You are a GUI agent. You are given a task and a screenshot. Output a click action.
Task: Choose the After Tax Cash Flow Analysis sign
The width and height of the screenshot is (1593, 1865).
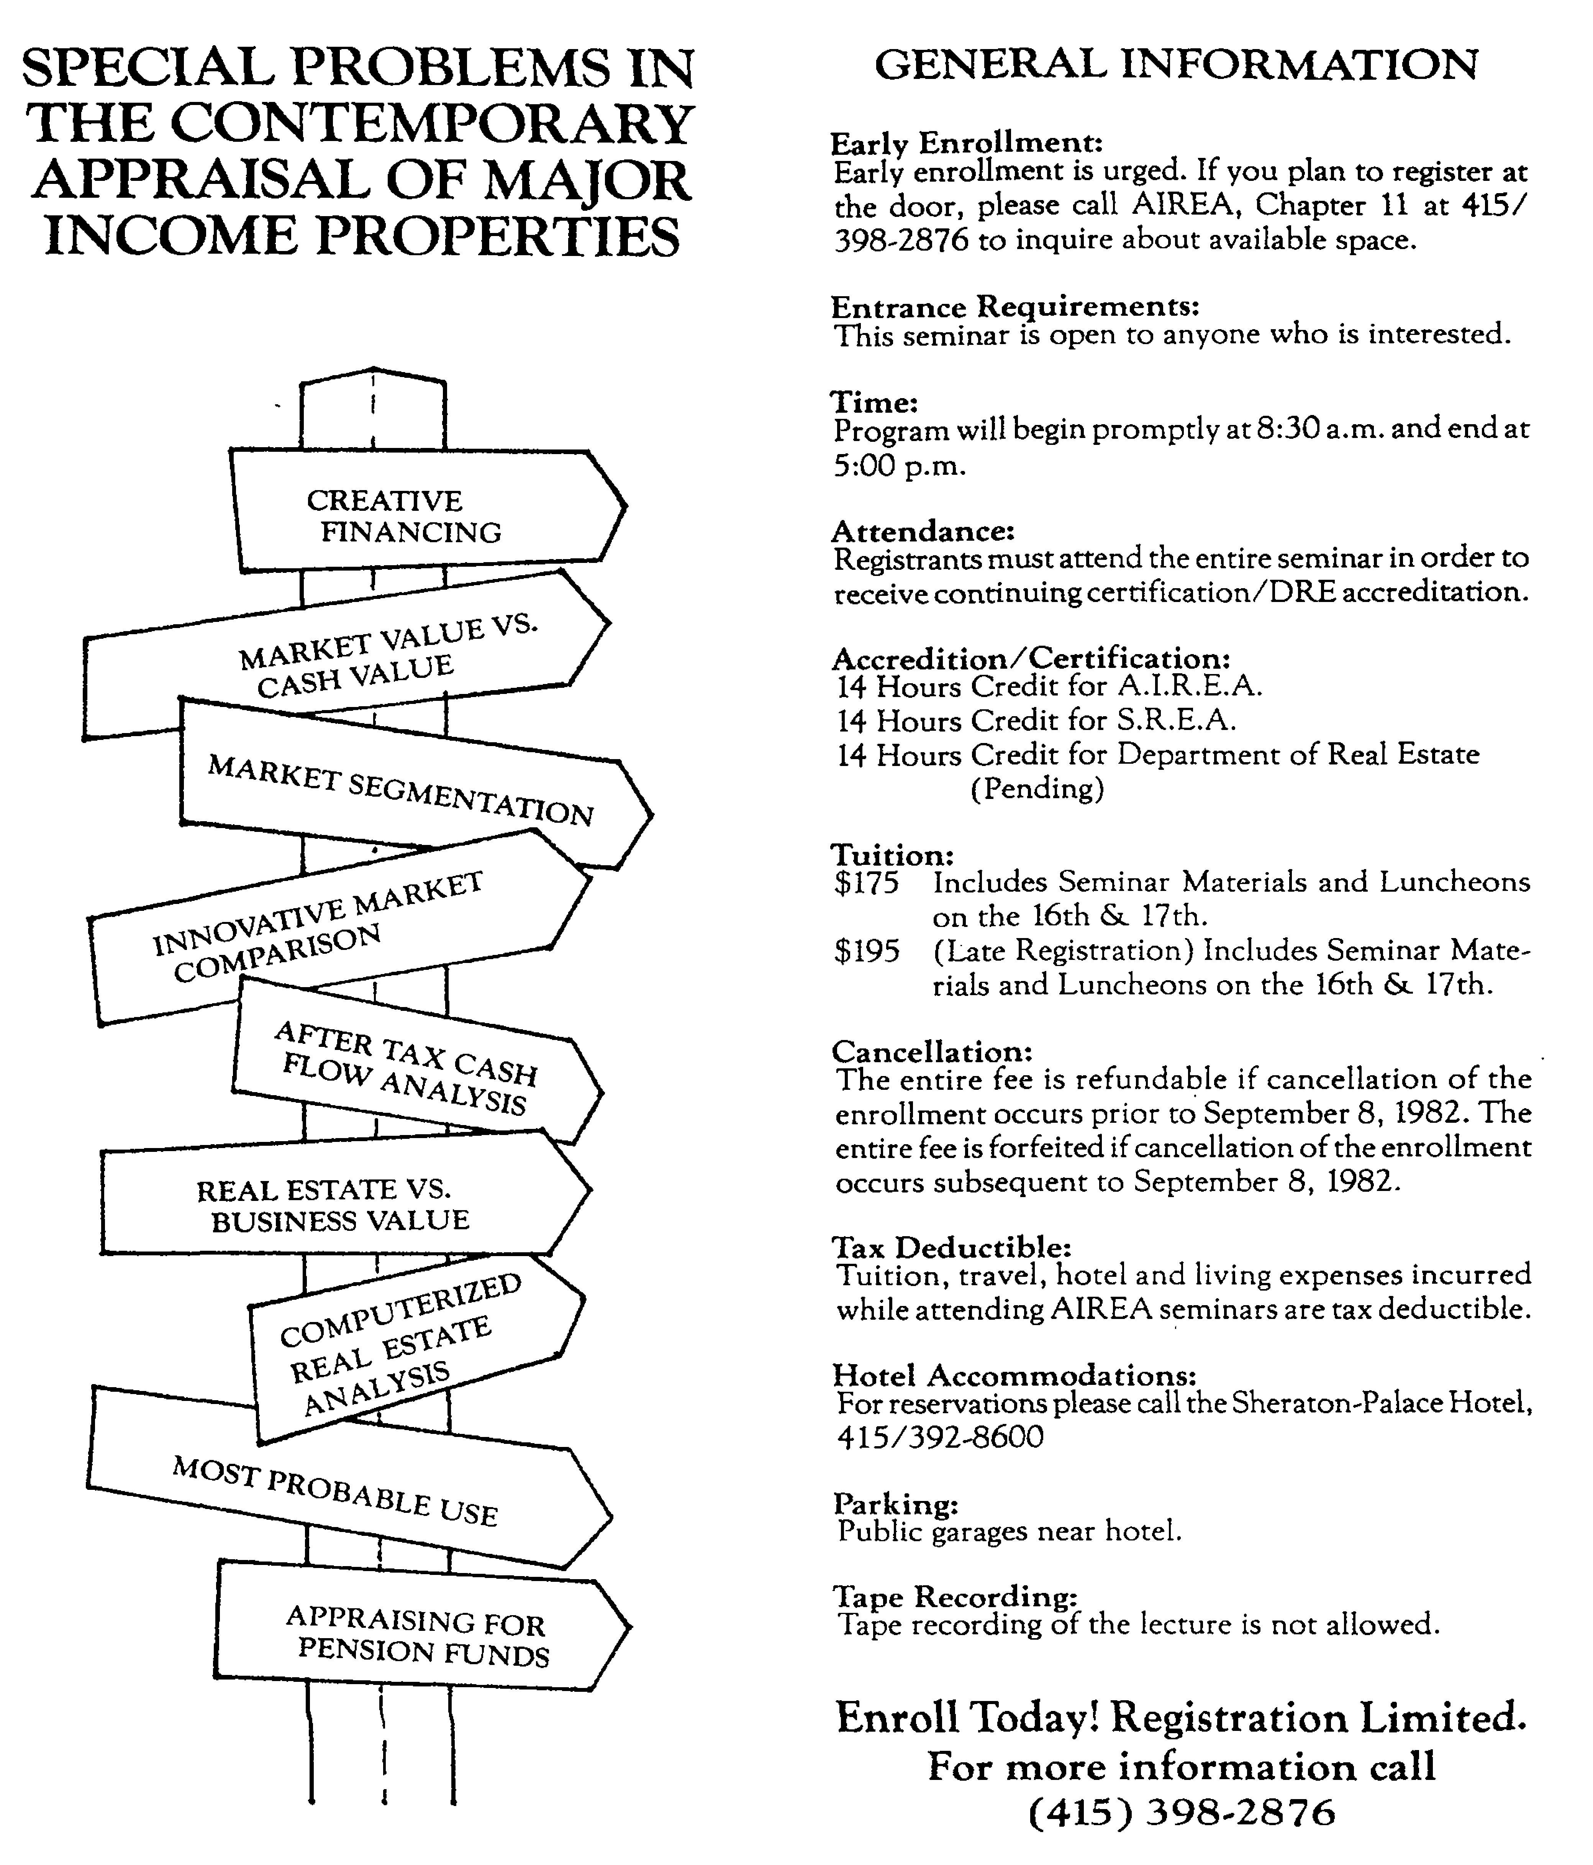[410, 1066]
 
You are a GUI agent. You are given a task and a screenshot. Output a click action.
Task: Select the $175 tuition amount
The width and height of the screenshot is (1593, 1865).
[866, 882]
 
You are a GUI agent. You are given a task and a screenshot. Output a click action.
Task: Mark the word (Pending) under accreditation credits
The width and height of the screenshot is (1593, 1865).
[1037, 789]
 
